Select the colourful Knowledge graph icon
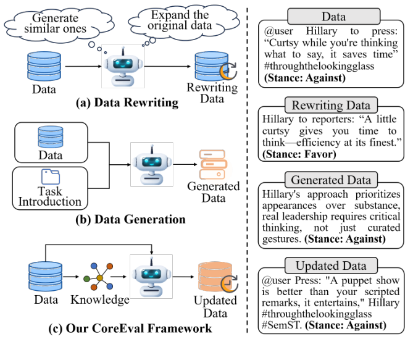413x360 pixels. point(99,277)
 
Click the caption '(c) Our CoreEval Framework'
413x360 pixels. point(130,328)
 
